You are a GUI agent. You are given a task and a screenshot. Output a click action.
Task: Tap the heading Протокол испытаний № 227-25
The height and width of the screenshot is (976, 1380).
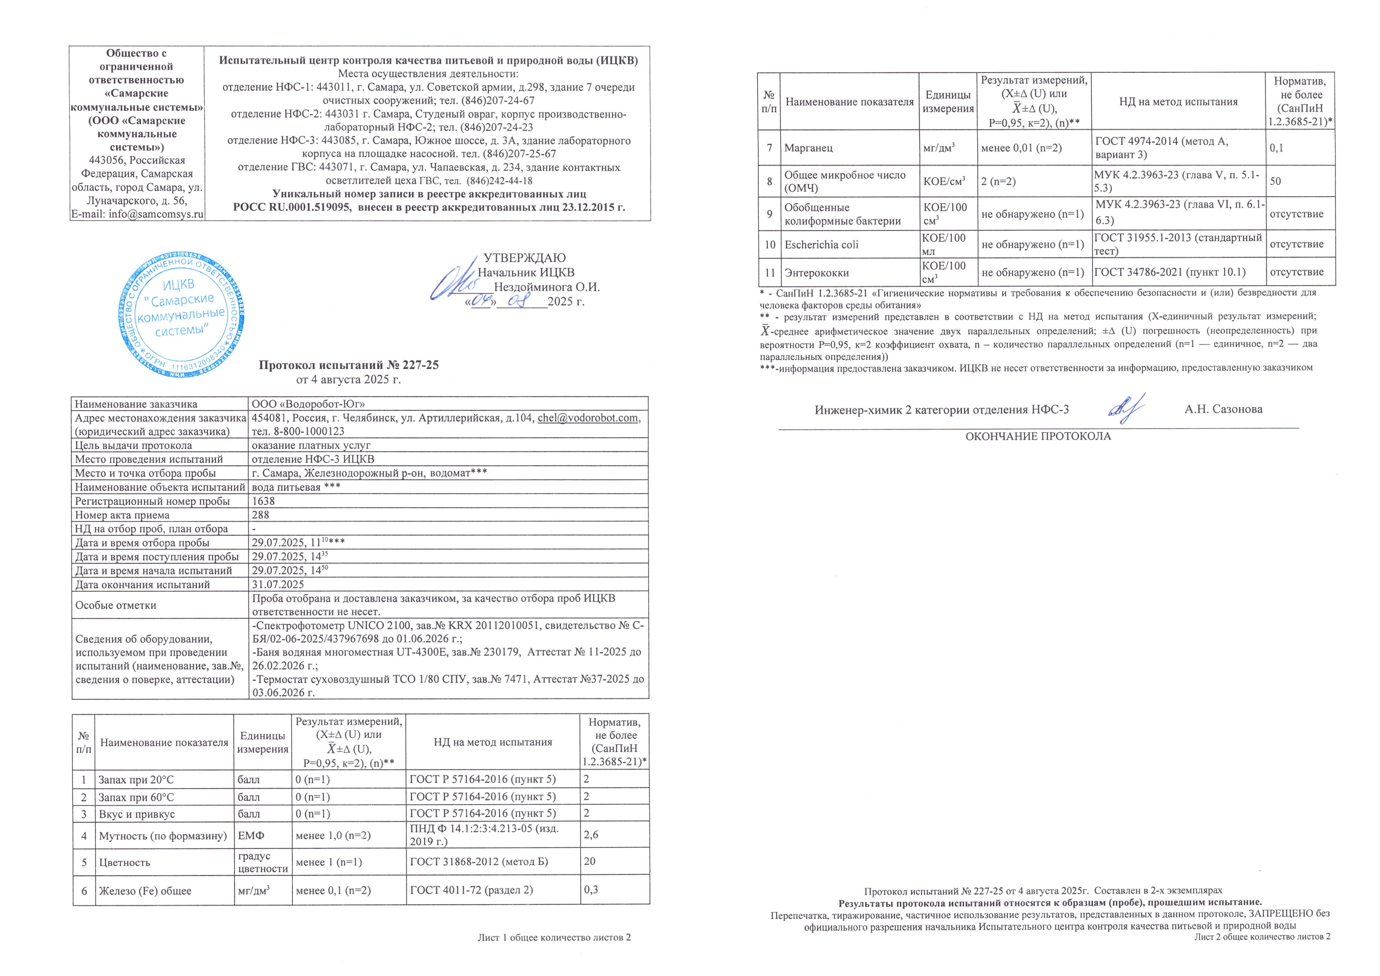pyautogui.click(x=348, y=365)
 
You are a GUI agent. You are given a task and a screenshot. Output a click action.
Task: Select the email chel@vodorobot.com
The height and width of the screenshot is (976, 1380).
pyautogui.click(x=588, y=418)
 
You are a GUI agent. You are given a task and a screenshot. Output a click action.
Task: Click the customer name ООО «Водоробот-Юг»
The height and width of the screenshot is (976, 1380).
pyautogui.click(x=308, y=404)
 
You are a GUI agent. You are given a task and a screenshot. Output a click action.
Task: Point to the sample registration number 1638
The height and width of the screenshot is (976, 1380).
pyautogui.click(x=263, y=501)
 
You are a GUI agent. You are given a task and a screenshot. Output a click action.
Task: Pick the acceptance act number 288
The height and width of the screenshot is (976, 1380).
pyautogui.click(x=261, y=515)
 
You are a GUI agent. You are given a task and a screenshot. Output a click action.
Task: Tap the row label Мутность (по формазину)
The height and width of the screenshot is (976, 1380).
pyautogui.click(x=163, y=835)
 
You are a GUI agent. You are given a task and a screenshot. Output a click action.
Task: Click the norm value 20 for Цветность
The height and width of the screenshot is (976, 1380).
pyautogui.click(x=590, y=861)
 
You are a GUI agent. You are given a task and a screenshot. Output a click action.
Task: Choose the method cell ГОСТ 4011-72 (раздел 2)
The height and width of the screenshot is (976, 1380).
pyautogui.click(x=471, y=890)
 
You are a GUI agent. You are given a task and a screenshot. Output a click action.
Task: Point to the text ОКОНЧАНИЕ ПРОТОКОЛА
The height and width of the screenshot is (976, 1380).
pyautogui.click(x=1038, y=437)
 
